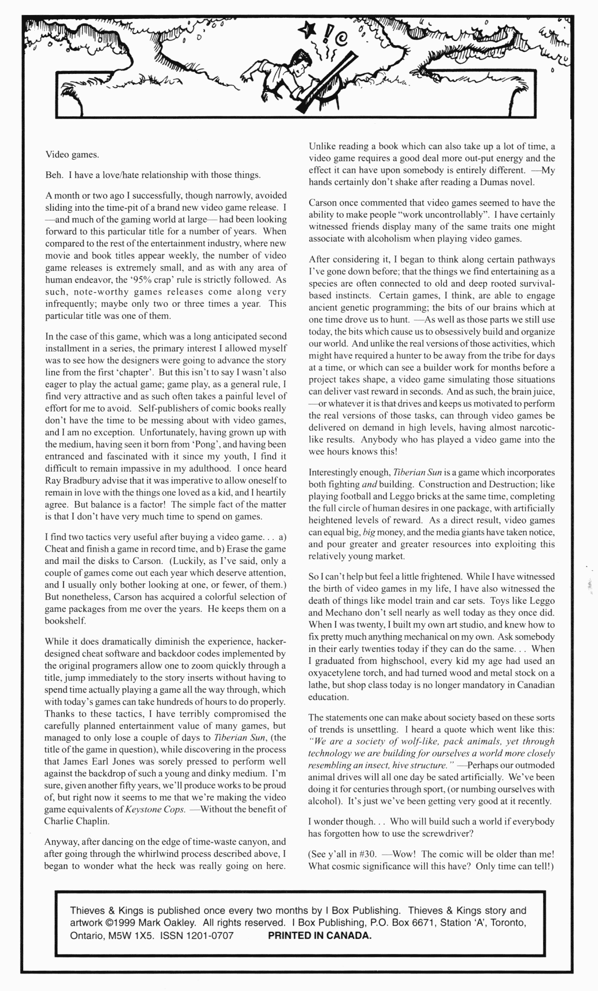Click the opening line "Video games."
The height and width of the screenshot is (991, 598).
tap(72, 154)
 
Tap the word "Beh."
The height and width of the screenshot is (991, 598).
tap(54, 175)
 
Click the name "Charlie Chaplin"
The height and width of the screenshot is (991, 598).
tap(77, 821)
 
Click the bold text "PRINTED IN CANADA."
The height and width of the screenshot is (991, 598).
tap(320, 935)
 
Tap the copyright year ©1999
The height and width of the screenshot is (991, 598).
tap(122, 923)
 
